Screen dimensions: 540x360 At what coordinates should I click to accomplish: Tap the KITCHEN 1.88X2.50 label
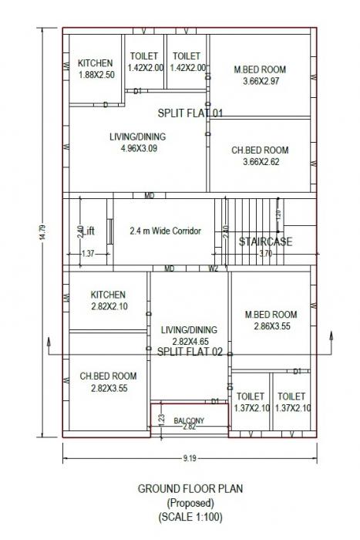(x=96, y=69)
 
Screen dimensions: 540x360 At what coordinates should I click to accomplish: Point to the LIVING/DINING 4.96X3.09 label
(x=138, y=143)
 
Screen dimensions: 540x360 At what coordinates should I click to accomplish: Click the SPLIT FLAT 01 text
(x=190, y=113)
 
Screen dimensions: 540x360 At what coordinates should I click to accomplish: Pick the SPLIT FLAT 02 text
(x=190, y=351)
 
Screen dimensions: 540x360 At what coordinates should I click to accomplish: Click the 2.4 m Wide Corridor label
(x=165, y=231)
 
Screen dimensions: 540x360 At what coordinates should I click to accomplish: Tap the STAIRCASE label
(x=265, y=241)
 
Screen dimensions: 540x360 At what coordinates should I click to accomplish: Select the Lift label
(x=89, y=231)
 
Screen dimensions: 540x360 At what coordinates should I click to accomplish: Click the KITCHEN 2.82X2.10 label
(x=108, y=301)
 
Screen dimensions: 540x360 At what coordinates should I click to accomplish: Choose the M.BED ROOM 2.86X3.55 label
(x=271, y=320)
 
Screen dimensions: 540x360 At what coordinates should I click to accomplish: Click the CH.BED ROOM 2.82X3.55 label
(x=108, y=382)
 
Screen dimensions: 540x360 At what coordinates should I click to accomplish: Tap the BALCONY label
(x=189, y=420)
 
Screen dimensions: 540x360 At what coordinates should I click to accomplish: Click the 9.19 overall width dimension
(x=188, y=457)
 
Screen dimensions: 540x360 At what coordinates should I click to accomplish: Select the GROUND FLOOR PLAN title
(x=188, y=489)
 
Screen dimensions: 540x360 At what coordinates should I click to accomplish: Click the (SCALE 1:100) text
(x=188, y=515)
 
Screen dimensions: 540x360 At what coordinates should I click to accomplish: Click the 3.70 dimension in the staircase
(x=265, y=253)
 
